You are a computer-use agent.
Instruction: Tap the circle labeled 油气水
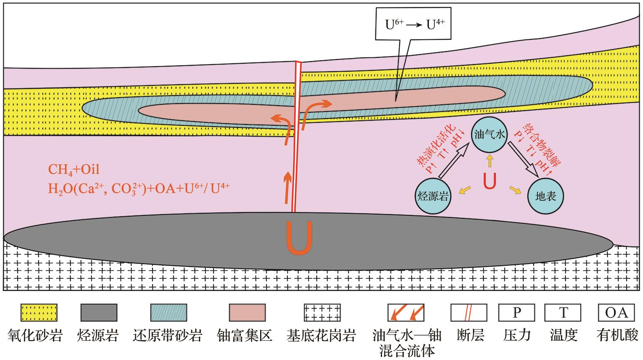(489, 134)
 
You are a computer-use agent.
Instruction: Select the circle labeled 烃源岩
(433, 196)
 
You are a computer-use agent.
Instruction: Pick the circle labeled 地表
(545, 196)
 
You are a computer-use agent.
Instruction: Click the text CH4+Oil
(74, 169)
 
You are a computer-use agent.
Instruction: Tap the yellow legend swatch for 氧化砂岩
(39, 313)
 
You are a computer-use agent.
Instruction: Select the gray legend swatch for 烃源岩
(98, 313)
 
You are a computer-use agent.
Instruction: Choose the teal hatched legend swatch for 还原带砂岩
(168, 313)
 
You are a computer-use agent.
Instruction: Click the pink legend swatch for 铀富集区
(247, 313)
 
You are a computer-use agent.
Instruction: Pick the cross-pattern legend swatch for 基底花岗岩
(322, 313)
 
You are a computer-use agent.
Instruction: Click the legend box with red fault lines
(469, 313)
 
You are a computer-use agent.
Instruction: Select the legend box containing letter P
(517, 313)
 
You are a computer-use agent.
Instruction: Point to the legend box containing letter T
(563, 313)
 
